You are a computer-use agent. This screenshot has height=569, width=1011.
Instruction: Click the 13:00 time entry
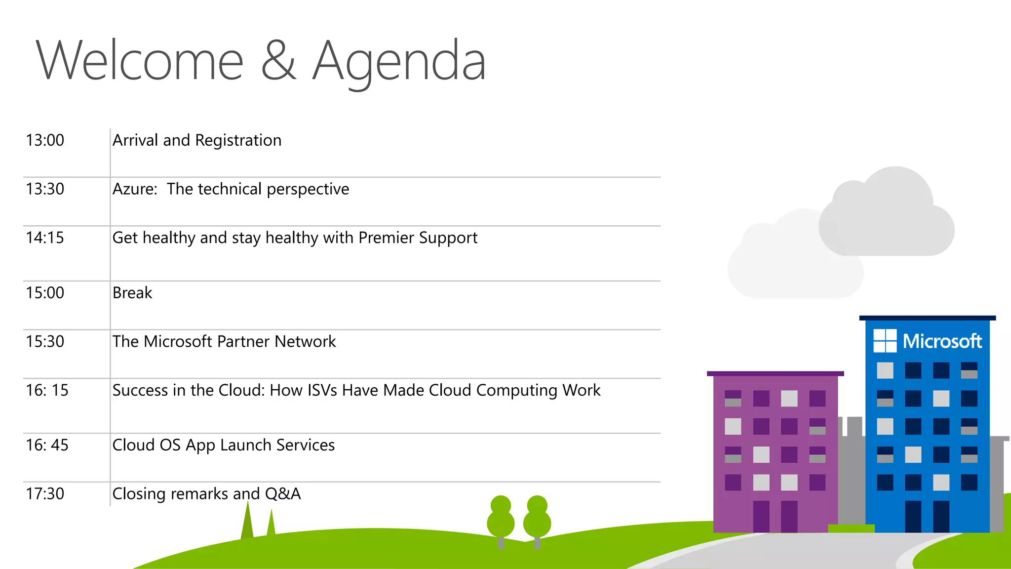pos(45,140)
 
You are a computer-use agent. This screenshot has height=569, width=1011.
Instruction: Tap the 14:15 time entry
pos(45,238)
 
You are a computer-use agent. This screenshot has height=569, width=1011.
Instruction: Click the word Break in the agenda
pos(132,293)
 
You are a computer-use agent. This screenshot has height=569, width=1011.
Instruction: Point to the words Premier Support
pos(418,238)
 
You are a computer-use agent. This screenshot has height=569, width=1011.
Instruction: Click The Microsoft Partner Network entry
pos(224,342)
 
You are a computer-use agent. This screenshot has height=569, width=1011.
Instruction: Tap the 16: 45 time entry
pos(47,446)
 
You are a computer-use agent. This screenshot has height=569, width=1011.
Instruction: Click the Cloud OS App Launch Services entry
pos(224,446)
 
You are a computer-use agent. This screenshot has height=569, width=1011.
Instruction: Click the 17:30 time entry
pos(45,494)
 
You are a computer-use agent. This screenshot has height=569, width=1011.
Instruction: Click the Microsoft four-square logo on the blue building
pos(885,341)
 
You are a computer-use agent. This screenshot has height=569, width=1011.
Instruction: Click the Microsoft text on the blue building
pos(942,341)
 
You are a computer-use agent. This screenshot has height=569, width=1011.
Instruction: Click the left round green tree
pos(501,519)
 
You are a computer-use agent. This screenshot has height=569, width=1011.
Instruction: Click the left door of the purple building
pos(761,516)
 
